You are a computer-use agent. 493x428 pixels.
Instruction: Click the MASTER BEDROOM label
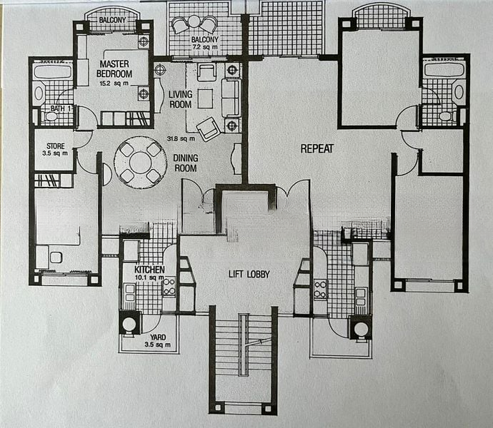114,68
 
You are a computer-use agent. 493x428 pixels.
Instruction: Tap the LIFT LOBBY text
249,274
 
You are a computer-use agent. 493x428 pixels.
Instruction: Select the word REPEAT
317,148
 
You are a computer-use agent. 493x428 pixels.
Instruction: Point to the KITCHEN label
149,270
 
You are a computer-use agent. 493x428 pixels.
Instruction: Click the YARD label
158,337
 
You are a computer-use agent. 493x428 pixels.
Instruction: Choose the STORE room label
56,146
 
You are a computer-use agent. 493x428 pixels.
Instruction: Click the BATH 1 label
61,108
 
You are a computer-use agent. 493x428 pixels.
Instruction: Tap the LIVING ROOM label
181,99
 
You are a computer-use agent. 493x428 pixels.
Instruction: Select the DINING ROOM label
186,163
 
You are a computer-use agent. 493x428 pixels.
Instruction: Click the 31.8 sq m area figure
181,138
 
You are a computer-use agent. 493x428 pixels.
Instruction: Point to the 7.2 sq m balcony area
204,47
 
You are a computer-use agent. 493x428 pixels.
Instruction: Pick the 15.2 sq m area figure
114,83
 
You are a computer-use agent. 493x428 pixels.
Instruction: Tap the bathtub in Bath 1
52,71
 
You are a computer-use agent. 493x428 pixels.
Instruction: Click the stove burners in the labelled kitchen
169,286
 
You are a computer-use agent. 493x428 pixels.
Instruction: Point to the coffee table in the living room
205,98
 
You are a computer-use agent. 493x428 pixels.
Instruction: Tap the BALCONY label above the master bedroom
112,20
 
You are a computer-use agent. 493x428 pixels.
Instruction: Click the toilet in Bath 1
50,116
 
